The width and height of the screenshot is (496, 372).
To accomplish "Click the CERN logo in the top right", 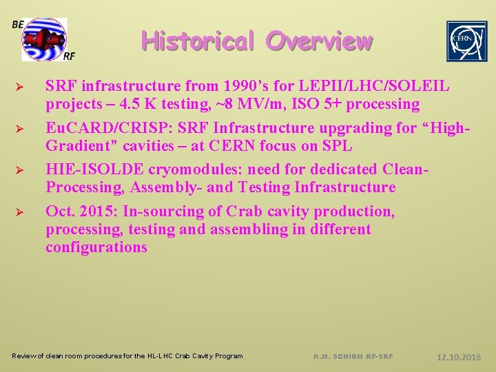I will coord(466,41).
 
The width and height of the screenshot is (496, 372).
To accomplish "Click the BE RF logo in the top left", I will coord(44,39).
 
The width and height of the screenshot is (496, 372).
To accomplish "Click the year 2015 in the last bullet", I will coord(96,211).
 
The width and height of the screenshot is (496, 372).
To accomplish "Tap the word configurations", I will coord(96,247).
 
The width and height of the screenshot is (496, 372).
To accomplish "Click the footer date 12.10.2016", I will coord(459,357).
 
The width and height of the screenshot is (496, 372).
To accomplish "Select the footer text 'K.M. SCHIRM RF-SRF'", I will coord(353,356).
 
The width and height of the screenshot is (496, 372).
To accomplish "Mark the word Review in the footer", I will coord(25,356).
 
